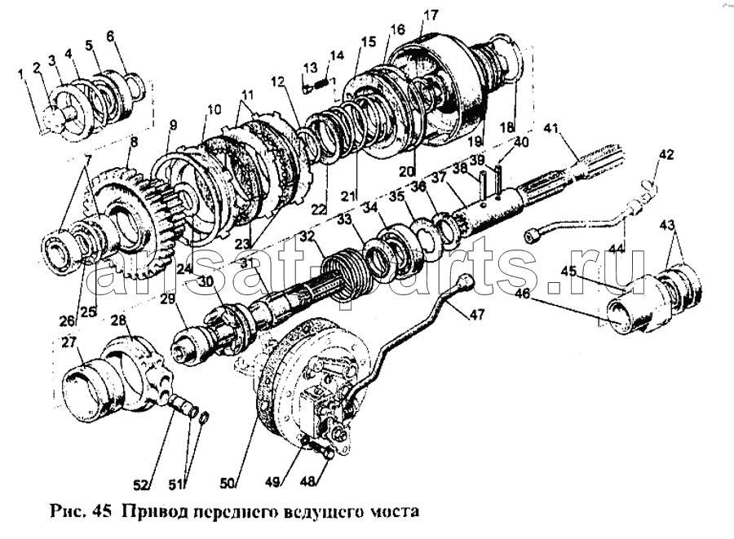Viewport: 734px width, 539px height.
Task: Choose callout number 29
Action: pos(167,301)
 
